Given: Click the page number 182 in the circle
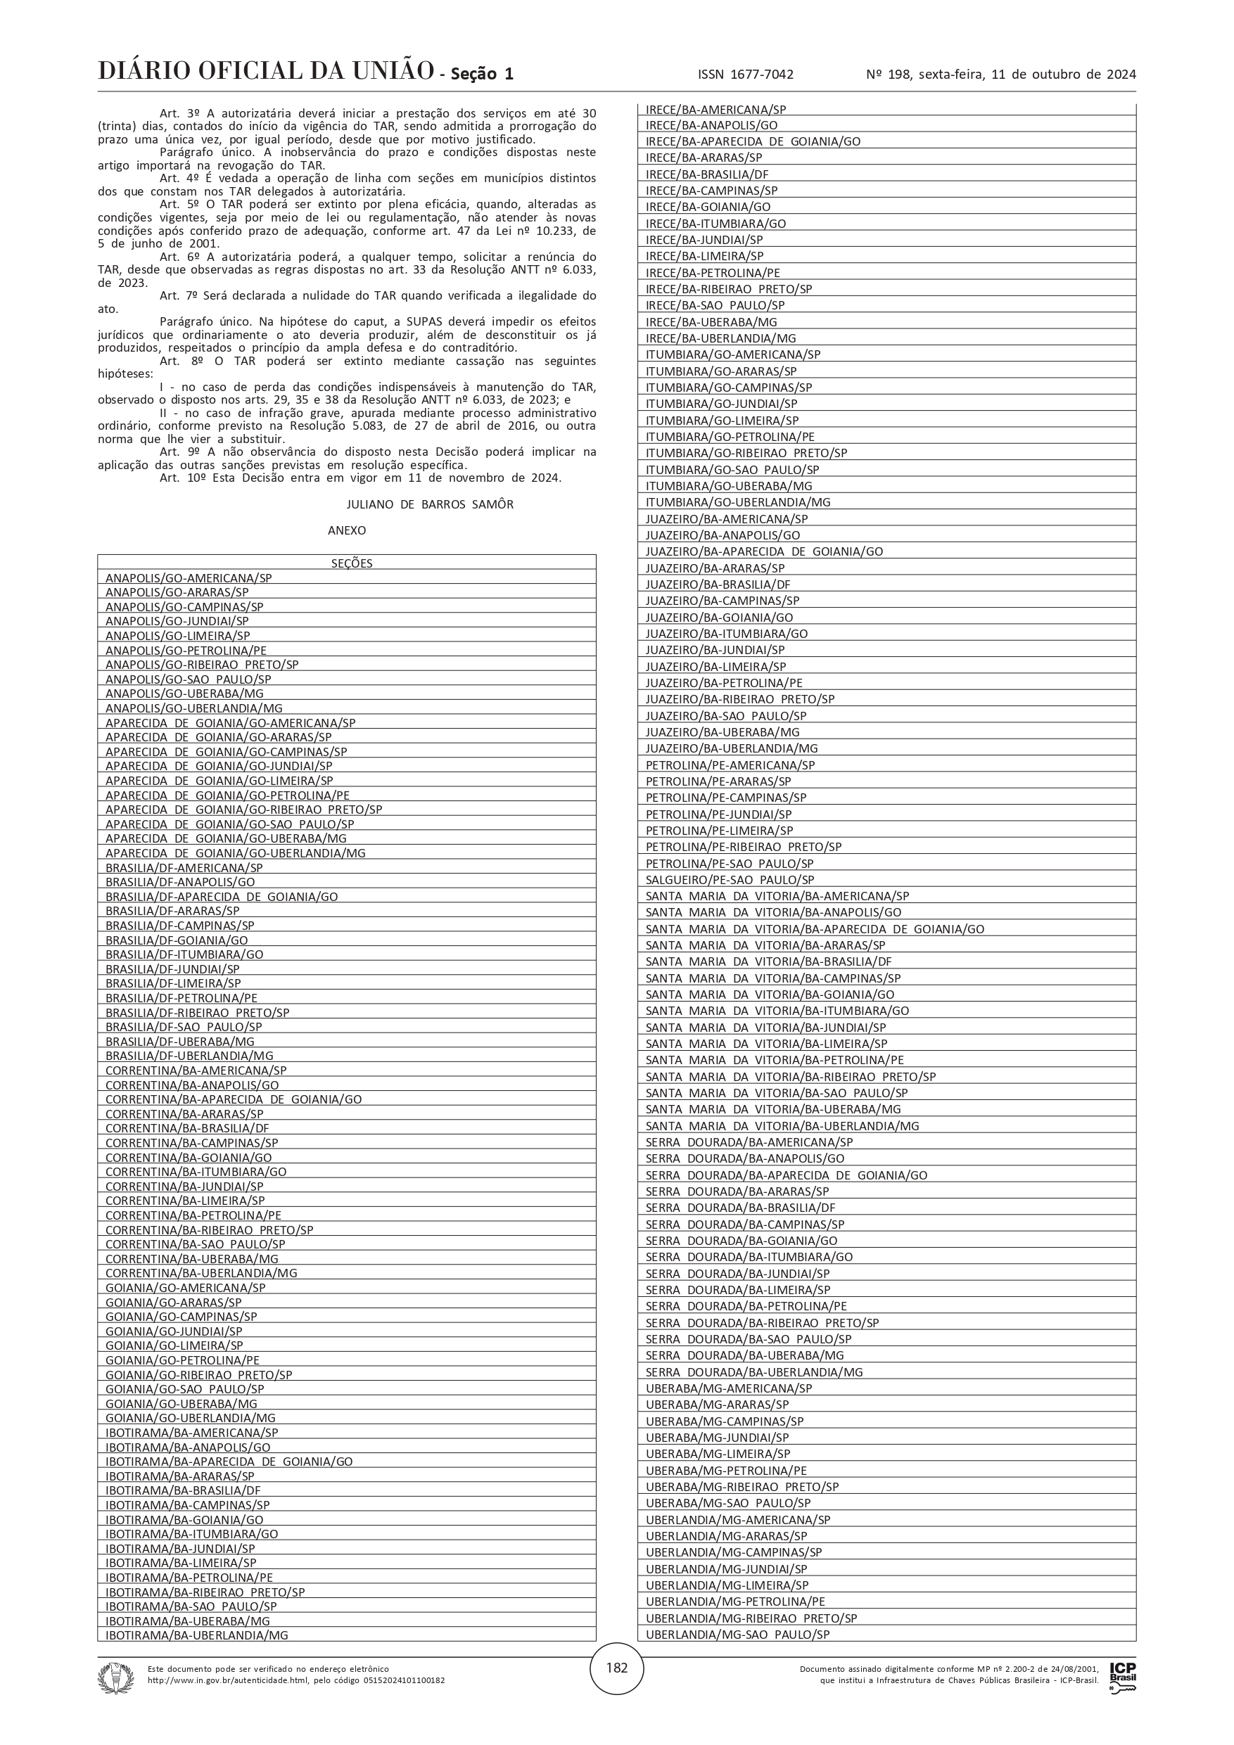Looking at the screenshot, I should (x=616, y=1668).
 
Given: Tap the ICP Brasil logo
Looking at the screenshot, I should (x=1123, y=1677).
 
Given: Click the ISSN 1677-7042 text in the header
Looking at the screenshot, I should (x=745, y=75).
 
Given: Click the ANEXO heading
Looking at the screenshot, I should (x=347, y=530).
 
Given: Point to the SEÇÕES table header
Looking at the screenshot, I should (x=352, y=563).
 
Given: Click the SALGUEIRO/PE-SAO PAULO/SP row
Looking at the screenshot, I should (x=730, y=879).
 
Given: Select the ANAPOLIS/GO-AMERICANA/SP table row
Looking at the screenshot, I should (x=189, y=577).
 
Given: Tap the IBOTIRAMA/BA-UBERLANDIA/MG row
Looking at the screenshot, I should (x=197, y=1635).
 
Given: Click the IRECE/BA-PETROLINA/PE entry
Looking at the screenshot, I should (x=713, y=272).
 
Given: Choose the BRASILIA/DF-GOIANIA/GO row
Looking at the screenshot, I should (x=177, y=940).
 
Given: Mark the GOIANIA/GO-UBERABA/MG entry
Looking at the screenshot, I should (x=181, y=1404).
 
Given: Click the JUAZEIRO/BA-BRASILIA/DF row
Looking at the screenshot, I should (x=718, y=584).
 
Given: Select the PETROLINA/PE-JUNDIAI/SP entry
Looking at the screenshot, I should (x=718, y=814).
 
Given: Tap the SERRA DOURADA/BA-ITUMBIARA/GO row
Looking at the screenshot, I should (x=749, y=1256).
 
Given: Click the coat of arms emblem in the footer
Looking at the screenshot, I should (x=115, y=1678).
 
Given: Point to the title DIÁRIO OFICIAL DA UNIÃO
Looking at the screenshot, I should (x=265, y=72).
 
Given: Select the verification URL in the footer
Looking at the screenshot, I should (x=296, y=1680).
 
